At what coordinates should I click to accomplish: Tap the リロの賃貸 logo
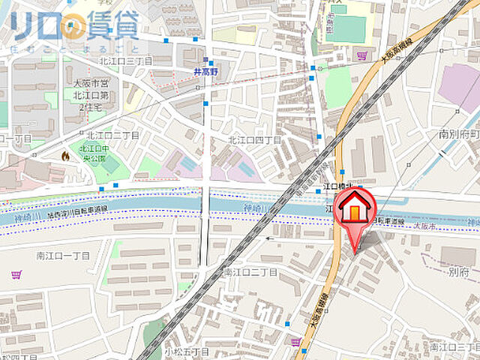[x=75, y=26]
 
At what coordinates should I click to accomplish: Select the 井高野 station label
[x=205, y=73]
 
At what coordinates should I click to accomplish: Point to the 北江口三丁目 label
[x=125, y=61]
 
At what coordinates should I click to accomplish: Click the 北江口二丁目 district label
[x=112, y=135]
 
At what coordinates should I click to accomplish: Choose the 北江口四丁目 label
[x=254, y=140]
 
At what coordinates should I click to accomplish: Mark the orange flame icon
[x=65, y=157]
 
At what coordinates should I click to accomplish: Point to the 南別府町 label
[x=458, y=134]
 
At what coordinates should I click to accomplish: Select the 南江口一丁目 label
[x=63, y=256]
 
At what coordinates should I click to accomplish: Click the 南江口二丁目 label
[x=250, y=272]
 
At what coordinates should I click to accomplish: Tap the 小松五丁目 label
[x=187, y=351]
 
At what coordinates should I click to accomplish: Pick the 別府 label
[x=458, y=271]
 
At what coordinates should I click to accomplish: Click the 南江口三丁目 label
[x=454, y=346]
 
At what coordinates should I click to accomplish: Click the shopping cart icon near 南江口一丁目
[x=16, y=275]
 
